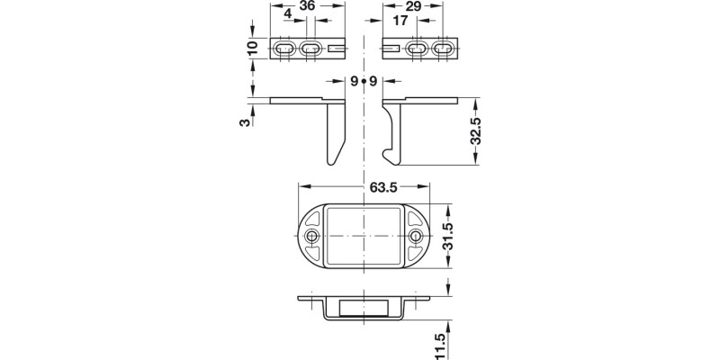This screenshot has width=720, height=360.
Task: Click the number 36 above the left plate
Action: [307, 6]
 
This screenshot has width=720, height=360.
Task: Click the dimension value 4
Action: [287, 16]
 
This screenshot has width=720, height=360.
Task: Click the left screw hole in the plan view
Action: [311, 236]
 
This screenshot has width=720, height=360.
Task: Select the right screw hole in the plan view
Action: [416, 236]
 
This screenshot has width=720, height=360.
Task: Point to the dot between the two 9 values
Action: [364, 82]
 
